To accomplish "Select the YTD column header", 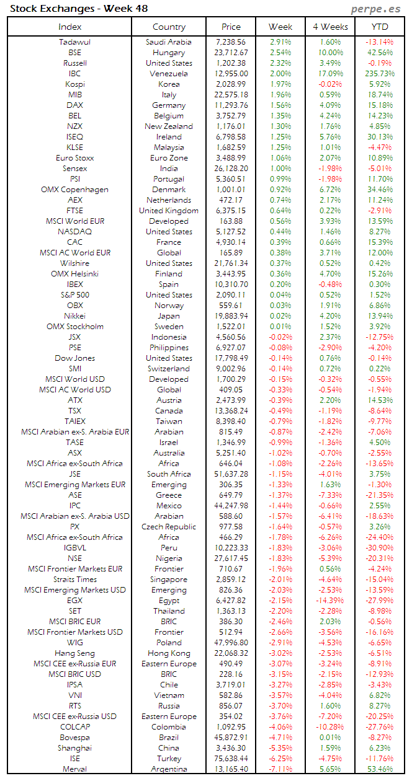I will click(380, 27).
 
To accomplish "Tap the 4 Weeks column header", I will click(330, 27).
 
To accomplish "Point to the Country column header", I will click(169, 27).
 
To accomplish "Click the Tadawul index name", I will click(74, 42).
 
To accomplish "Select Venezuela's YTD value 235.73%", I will click(380, 74).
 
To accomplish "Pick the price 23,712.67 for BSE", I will click(231, 53).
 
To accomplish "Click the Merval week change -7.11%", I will click(280, 769).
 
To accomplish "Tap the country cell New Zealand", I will click(169, 126).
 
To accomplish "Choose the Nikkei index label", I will click(74, 316).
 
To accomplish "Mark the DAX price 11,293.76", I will click(231, 105).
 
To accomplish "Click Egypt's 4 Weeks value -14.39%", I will click(330, 601).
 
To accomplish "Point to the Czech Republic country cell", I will click(169, 527).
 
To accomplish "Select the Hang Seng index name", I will click(74, 653).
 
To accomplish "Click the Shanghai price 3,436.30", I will click(231, 748).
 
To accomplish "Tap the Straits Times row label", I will click(74, 580).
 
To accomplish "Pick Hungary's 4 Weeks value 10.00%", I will click(330, 53).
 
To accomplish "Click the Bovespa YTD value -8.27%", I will click(380, 738).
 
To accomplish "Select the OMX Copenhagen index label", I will click(74, 190).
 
